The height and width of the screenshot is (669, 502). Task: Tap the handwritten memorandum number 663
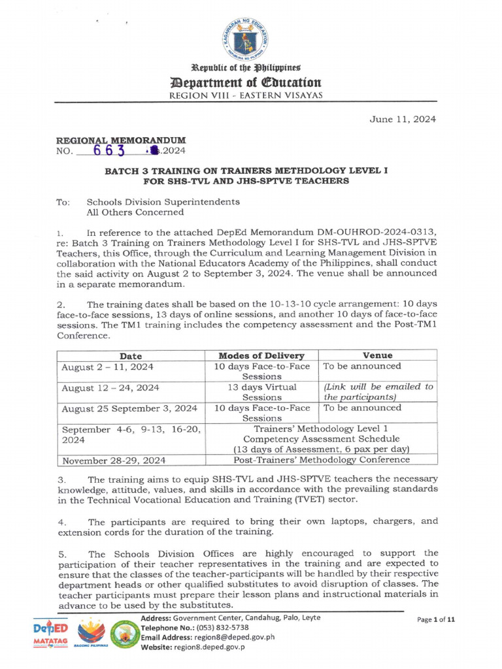(x=108, y=150)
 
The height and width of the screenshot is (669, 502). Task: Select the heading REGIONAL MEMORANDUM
(x=121, y=140)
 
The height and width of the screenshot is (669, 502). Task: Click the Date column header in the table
(x=131, y=355)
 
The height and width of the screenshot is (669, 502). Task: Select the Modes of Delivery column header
(x=261, y=355)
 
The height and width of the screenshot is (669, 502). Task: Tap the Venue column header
(x=377, y=355)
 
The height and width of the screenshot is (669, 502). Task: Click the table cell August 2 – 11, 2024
(x=107, y=367)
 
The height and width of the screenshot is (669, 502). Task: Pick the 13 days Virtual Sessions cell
(x=261, y=392)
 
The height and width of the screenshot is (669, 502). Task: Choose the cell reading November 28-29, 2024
(x=113, y=460)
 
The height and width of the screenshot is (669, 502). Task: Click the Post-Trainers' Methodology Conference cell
(x=322, y=460)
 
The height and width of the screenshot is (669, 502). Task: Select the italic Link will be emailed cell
(x=378, y=392)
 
